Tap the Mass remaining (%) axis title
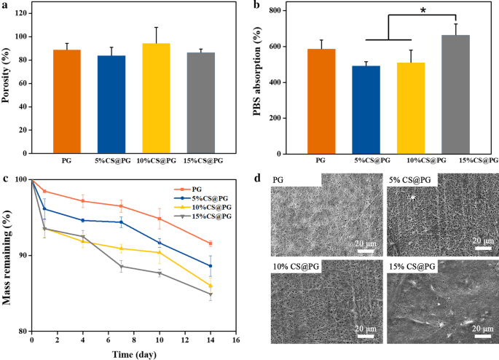coord(8,255)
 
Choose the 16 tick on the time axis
coord(235,340)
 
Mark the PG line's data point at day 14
coord(210,243)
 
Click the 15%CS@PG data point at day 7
coord(121,267)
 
